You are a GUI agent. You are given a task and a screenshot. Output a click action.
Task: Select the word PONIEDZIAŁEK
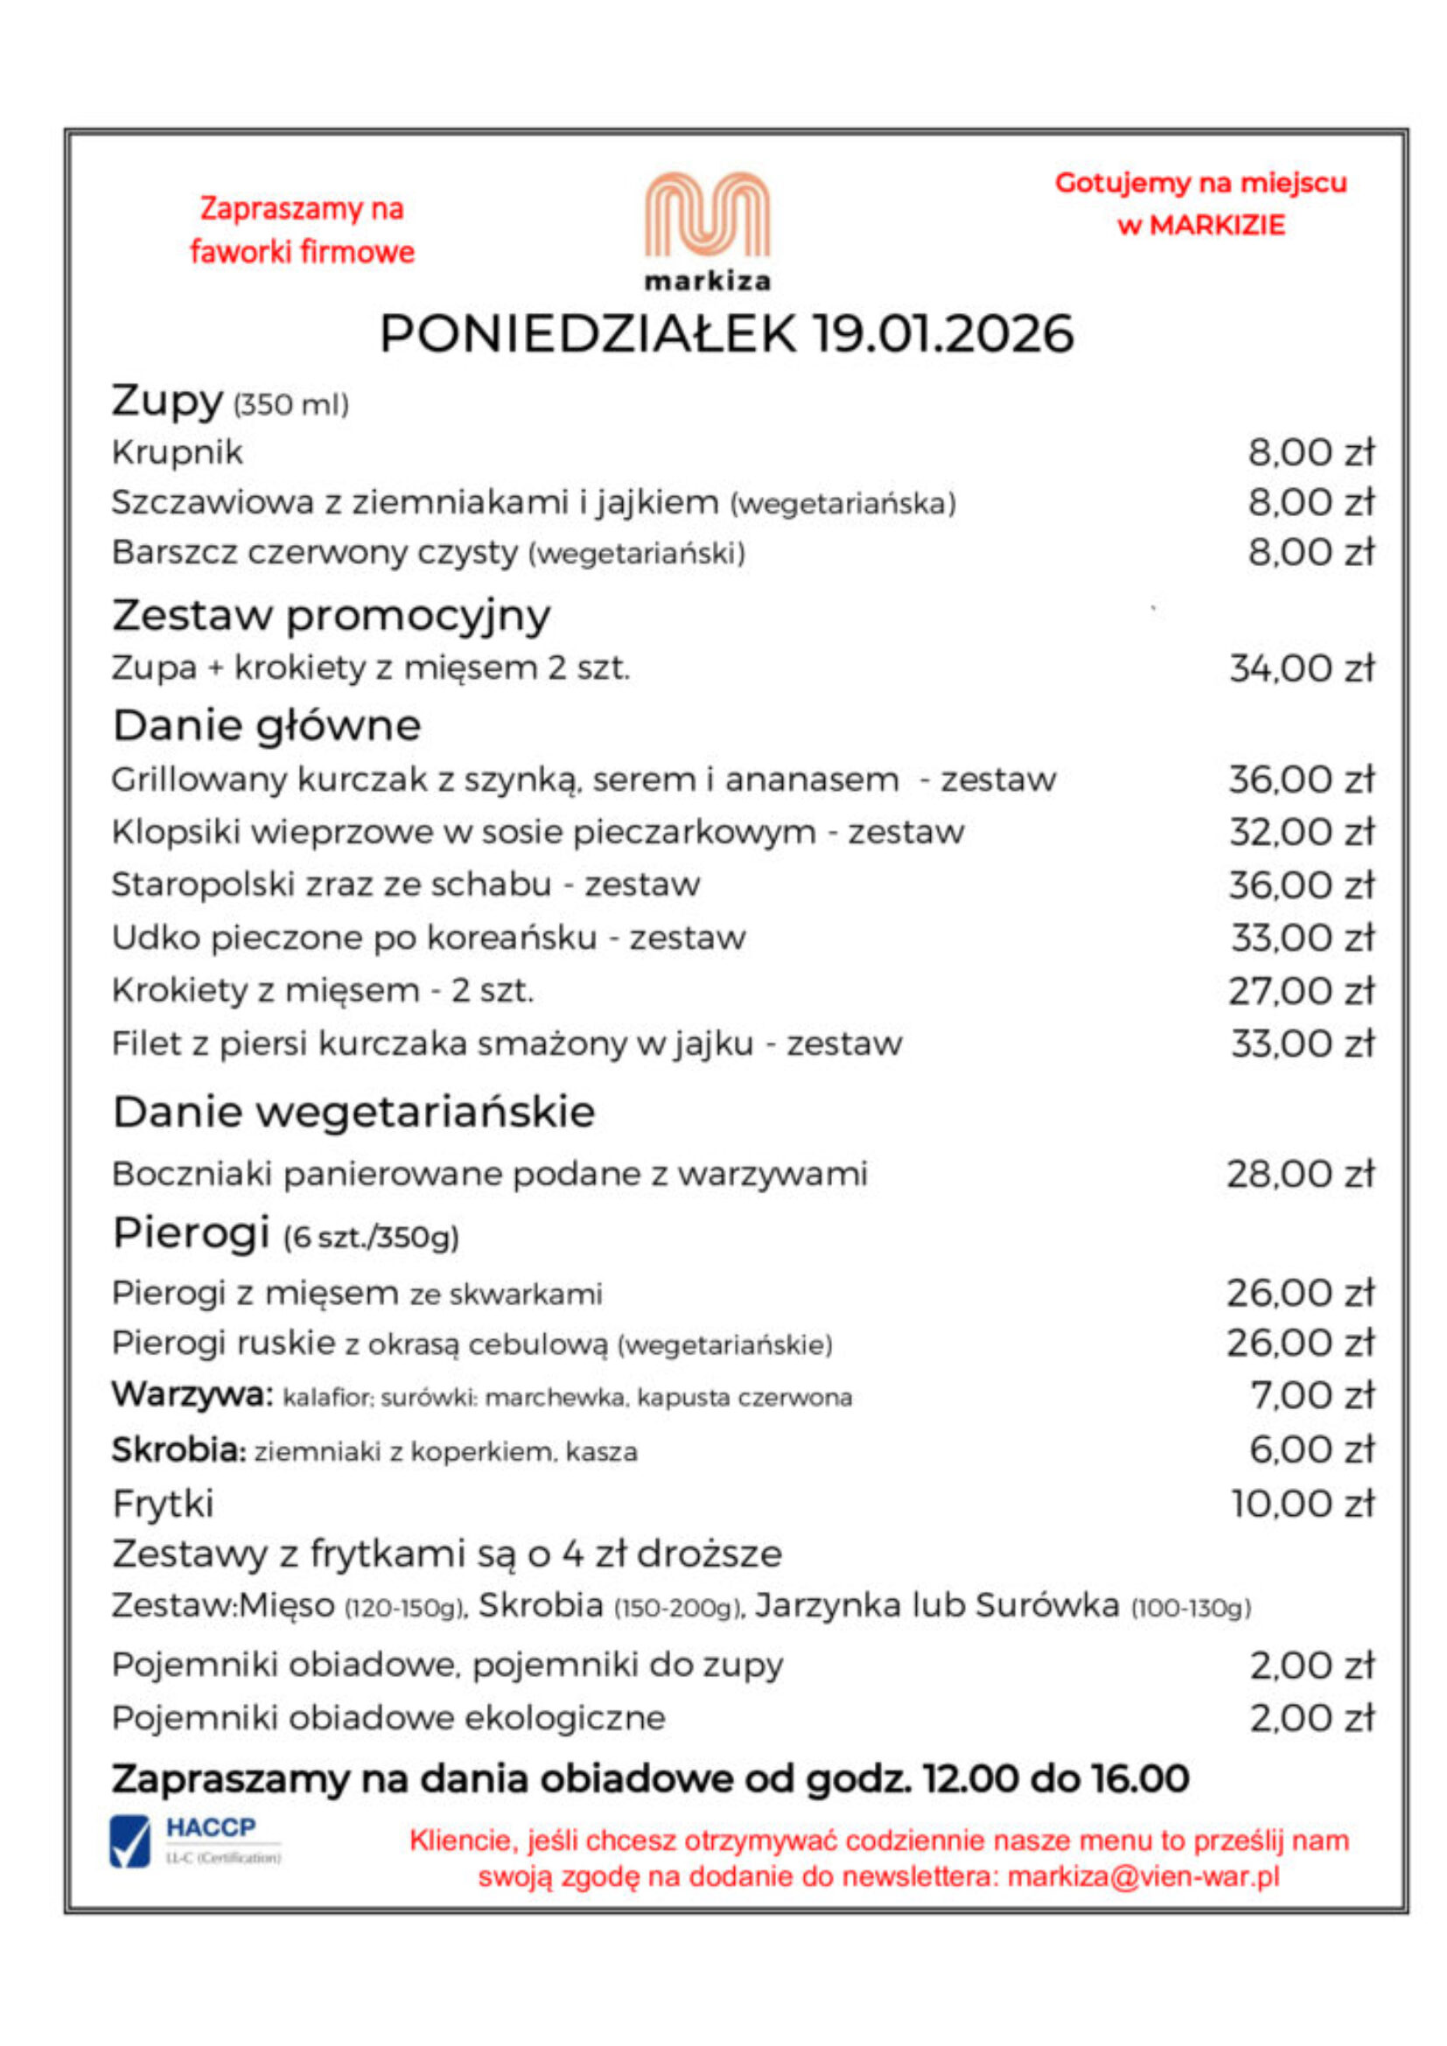[x=588, y=334]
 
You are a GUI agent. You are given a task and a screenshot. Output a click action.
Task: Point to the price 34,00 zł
[x=1302, y=668]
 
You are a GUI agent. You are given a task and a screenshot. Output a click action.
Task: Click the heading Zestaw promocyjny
[x=332, y=616]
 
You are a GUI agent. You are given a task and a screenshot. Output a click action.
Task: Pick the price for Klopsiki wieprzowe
[x=1302, y=832]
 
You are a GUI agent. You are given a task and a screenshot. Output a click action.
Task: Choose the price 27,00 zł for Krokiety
[x=1302, y=991]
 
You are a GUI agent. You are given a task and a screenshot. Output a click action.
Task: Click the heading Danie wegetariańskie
[x=353, y=1112]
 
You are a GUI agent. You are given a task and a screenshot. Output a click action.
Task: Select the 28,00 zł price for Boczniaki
[x=1302, y=1175]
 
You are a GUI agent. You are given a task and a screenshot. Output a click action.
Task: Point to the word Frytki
[x=163, y=1505]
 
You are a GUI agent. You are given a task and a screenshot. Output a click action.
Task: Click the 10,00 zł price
[x=1304, y=1505]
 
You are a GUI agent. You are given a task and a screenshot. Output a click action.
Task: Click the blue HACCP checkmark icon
[x=130, y=1842]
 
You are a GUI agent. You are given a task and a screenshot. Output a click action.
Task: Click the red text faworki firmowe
[x=303, y=252]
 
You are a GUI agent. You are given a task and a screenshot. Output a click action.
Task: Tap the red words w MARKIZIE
[x=1200, y=226]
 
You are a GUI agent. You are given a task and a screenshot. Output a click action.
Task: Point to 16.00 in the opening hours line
[x=1144, y=1778]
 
